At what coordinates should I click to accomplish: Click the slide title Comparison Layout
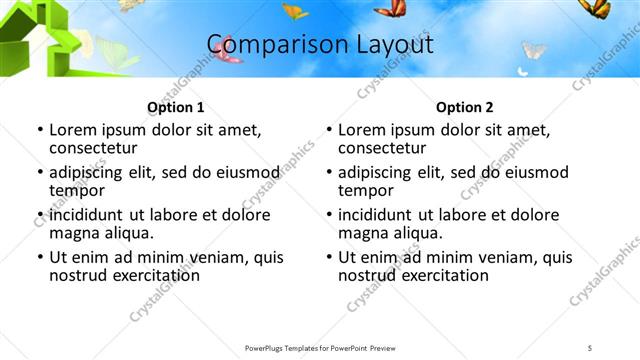click(x=320, y=45)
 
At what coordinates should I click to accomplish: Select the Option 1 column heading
click(x=175, y=107)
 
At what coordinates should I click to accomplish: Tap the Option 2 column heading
click(x=464, y=107)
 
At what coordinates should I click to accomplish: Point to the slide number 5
click(x=590, y=347)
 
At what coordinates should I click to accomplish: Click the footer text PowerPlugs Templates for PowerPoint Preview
click(x=319, y=347)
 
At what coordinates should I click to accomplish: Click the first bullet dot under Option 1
click(x=39, y=130)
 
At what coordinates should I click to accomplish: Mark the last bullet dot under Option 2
click(x=328, y=257)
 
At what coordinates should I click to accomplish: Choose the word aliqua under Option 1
click(x=128, y=233)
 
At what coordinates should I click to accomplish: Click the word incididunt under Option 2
click(x=381, y=215)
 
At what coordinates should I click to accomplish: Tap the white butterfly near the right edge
click(x=533, y=49)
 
